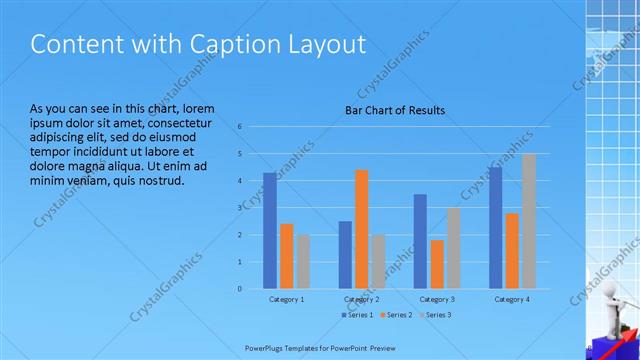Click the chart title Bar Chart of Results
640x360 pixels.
tap(395, 110)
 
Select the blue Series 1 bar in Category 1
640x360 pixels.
tap(270, 231)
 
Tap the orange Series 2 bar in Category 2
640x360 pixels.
tap(361, 229)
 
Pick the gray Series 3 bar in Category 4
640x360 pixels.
tap(528, 221)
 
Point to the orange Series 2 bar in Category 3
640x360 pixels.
tap(437, 264)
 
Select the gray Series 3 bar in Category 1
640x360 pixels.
tap(303, 261)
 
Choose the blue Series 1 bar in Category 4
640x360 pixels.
tap(495, 228)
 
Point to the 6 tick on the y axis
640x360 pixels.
tap(240, 127)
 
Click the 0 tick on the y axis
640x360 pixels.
tap(240, 288)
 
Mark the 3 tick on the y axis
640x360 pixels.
tap(240, 208)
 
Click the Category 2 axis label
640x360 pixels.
tap(361, 299)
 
